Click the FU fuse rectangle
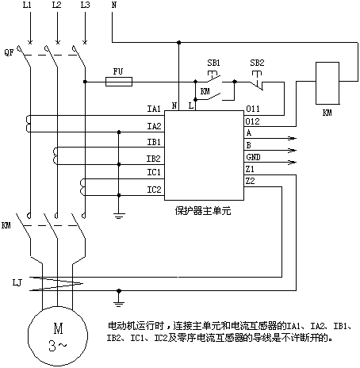pyautogui.click(x=119, y=82)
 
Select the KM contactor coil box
pyautogui.click(x=327, y=83)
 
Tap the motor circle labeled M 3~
pyautogui.click(x=58, y=335)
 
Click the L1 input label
pyautogui.click(x=27, y=5)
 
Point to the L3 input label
pyautogui.click(x=85, y=5)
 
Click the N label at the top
pyautogui.click(x=114, y=5)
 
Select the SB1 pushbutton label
pyautogui.click(x=213, y=63)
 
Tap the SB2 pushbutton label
pyautogui.click(x=257, y=63)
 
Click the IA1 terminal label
pyautogui.click(x=154, y=109)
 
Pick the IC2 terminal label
pyautogui.click(x=154, y=190)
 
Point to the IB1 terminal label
pyautogui.click(x=154, y=142)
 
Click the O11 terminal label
pyautogui.click(x=253, y=109)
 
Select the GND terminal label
pyautogui.click(x=253, y=157)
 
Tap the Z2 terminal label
pyautogui.click(x=250, y=181)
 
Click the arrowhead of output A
pyautogui.click(x=292, y=138)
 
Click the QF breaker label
pyautogui.click(x=9, y=52)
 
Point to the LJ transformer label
pyautogui.click(x=17, y=283)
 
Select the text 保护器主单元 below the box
pyautogui.click(x=203, y=211)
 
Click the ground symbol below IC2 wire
pyautogui.click(x=119, y=216)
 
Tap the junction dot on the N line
pyautogui.click(x=179, y=42)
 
